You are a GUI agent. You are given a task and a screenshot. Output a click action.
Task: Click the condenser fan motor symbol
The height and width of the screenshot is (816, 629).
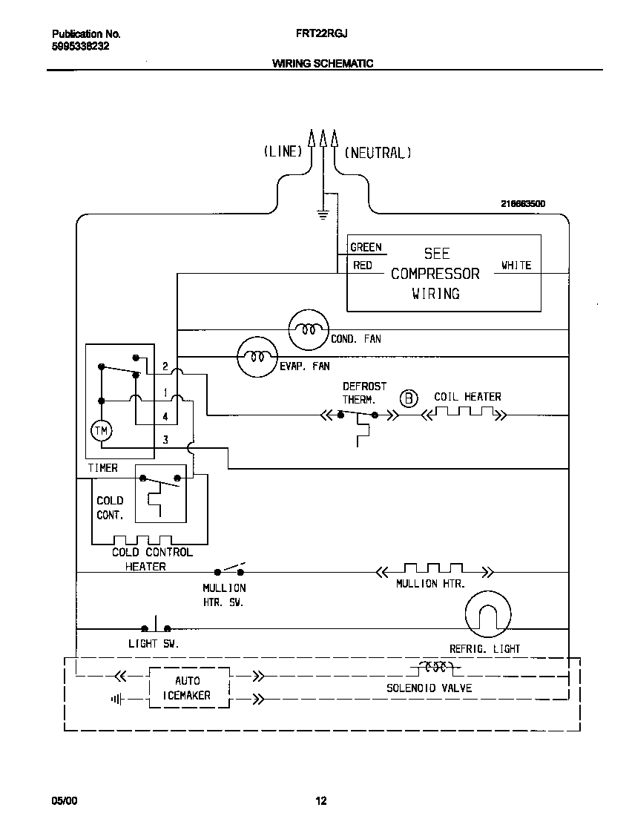[308, 329]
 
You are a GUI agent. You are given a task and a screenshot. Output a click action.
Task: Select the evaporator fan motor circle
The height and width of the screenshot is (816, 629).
[257, 357]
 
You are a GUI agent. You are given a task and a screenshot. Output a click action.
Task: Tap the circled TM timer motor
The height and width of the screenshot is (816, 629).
[99, 430]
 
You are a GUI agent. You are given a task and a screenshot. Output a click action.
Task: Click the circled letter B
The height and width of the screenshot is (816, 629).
[409, 398]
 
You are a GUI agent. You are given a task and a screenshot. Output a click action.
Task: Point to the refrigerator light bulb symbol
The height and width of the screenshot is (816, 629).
[487, 615]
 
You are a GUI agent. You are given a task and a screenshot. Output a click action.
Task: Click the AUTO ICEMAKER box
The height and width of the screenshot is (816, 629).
[189, 688]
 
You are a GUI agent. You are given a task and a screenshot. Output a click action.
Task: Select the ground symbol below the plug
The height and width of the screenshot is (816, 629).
[323, 214]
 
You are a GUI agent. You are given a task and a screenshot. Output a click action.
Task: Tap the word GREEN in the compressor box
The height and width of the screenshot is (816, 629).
[366, 247]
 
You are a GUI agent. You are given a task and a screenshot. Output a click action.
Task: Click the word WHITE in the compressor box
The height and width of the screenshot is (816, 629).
[516, 265]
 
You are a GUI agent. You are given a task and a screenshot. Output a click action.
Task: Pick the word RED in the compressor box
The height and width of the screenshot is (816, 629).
[362, 265]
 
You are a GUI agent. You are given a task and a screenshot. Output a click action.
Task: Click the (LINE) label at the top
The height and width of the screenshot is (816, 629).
[283, 152]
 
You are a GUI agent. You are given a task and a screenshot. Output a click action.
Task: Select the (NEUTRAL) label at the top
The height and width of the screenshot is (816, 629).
[378, 152]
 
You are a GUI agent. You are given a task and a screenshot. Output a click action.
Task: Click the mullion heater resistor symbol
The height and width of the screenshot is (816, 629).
[431, 569]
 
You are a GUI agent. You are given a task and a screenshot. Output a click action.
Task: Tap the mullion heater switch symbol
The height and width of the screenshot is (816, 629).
[230, 570]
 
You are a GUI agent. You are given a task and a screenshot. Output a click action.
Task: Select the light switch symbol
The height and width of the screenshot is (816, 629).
[157, 625]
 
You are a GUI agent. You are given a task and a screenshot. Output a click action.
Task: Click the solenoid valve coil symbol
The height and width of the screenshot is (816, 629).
[435, 666]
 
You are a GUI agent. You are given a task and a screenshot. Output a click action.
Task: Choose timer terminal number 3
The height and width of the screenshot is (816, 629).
[165, 440]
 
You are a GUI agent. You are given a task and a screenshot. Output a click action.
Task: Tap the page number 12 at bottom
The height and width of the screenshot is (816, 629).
[320, 800]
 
